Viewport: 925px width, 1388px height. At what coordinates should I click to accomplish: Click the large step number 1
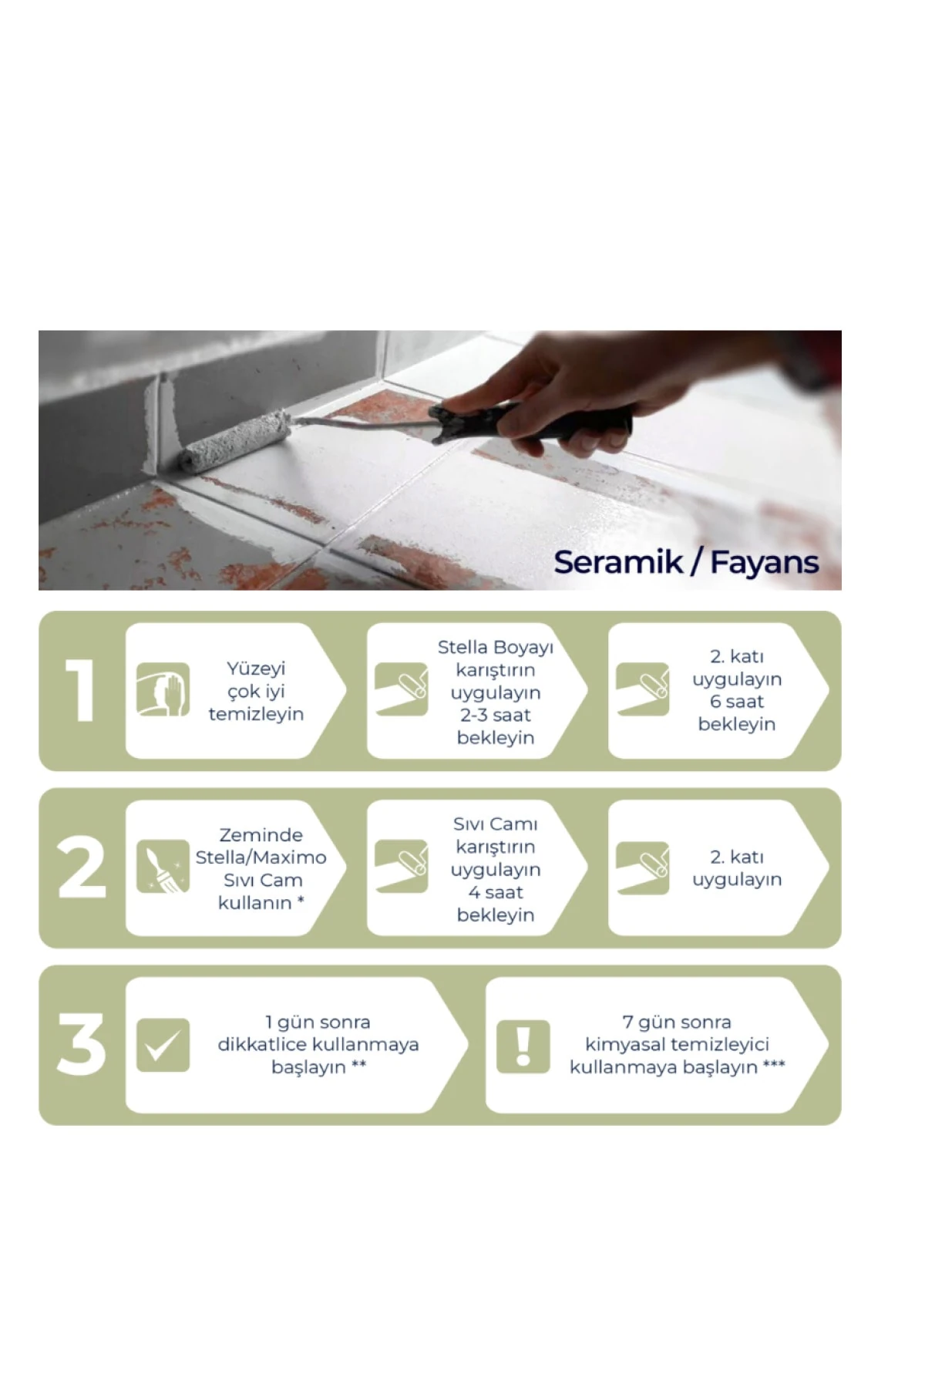click(80, 691)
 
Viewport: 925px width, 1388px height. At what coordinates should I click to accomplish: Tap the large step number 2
click(82, 867)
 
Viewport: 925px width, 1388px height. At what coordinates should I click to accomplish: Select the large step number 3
click(81, 1044)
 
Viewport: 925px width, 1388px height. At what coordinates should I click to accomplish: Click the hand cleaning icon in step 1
click(163, 689)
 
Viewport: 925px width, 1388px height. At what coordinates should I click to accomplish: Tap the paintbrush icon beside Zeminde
click(163, 867)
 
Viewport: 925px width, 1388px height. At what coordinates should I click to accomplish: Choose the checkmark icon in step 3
click(163, 1045)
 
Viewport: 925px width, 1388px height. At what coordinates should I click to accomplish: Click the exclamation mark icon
click(523, 1046)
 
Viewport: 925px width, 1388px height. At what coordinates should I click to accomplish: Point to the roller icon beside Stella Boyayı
click(401, 689)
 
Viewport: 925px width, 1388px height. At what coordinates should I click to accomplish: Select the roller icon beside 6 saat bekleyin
click(642, 689)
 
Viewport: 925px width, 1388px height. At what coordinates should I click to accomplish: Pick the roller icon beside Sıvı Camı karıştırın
click(401, 867)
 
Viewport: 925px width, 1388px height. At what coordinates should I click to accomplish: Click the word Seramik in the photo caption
click(618, 562)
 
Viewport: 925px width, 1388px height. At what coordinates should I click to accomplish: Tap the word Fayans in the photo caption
click(764, 563)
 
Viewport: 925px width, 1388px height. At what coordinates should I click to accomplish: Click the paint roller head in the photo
click(235, 440)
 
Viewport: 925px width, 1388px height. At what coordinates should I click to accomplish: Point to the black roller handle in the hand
click(532, 422)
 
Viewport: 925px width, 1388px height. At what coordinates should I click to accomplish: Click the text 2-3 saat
click(496, 715)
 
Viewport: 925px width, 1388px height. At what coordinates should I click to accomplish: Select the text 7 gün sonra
click(677, 1022)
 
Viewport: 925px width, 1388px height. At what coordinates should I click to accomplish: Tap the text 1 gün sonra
click(318, 1022)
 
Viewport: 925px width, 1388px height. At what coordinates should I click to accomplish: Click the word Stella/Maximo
click(261, 857)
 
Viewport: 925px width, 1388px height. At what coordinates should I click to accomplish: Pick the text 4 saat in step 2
click(496, 892)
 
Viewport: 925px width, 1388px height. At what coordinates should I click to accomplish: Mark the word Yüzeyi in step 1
click(256, 669)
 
